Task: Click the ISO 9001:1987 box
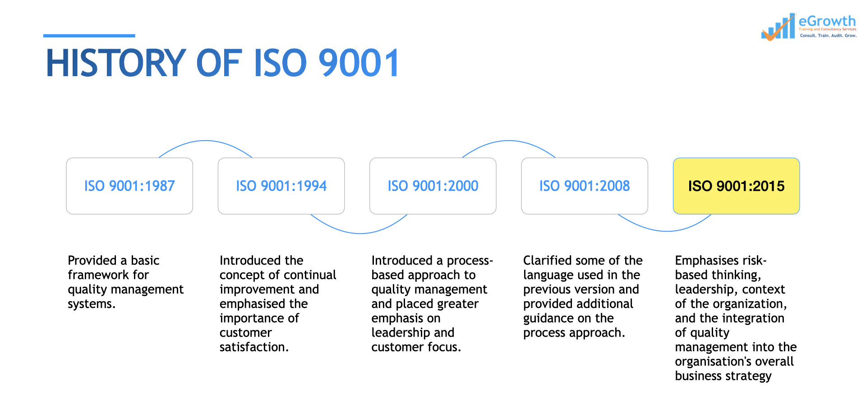(x=129, y=186)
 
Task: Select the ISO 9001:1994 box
(x=281, y=186)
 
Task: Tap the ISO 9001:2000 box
(x=433, y=186)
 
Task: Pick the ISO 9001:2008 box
(x=585, y=186)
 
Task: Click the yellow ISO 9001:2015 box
(x=736, y=186)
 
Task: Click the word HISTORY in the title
(x=116, y=63)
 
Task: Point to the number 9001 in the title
(x=359, y=63)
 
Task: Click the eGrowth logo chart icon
(x=778, y=27)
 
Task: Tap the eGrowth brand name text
(x=827, y=21)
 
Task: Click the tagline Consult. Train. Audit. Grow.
(x=828, y=36)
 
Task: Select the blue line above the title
(x=89, y=36)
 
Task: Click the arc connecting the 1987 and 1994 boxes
(x=205, y=141)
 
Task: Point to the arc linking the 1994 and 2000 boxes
(x=359, y=233)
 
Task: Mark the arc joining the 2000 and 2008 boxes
(x=509, y=141)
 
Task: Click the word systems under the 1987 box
(x=92, y=304)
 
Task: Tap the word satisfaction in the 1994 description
(x=254, y=347)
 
